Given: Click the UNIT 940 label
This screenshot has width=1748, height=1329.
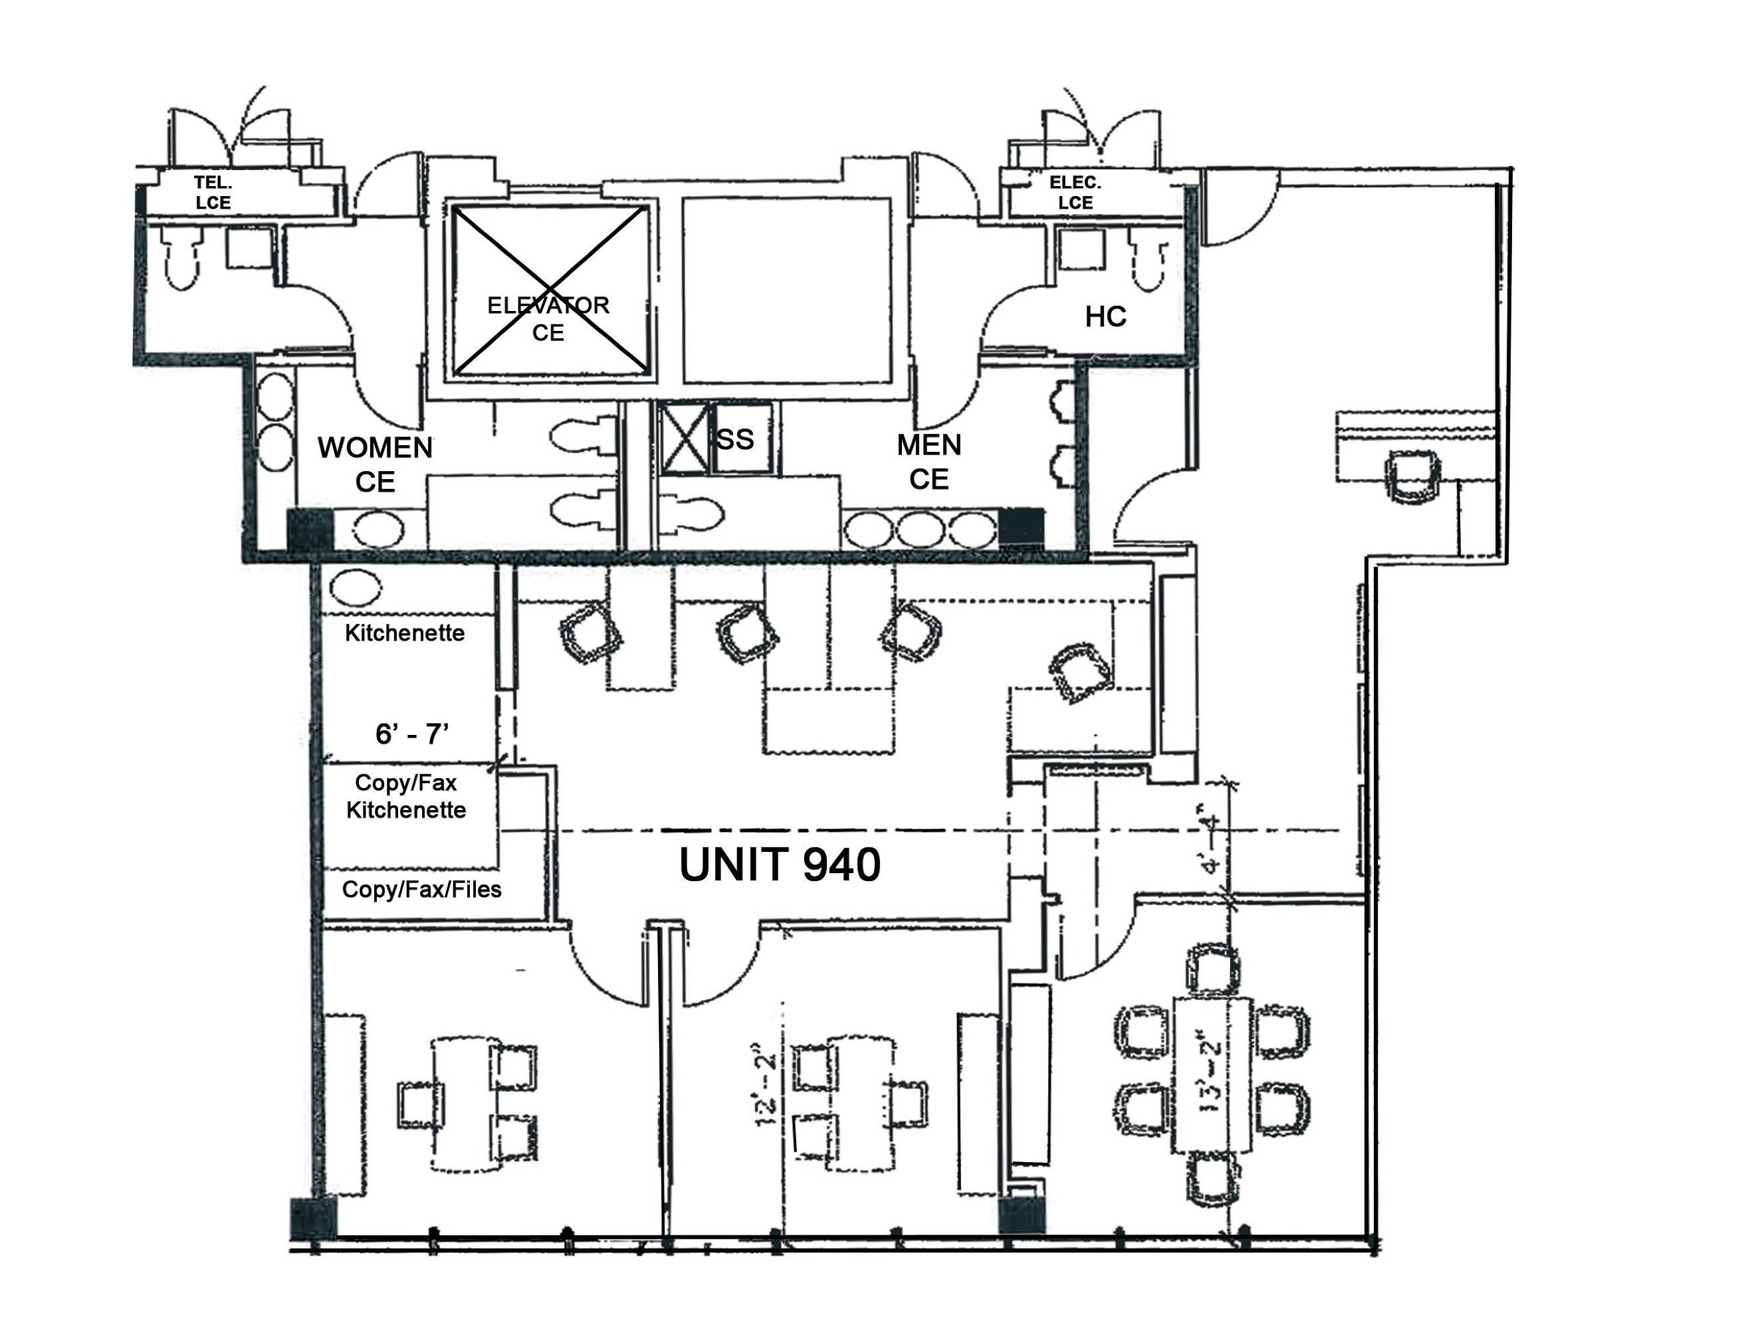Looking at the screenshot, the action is click(780, 865).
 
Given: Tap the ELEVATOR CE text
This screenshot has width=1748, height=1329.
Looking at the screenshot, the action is click(548, 319).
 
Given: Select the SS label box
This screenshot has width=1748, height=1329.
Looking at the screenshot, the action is click(735, 440).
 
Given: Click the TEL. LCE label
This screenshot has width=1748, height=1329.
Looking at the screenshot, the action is click(213, 193).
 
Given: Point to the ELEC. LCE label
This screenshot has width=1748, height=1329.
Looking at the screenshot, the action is click(1075, 193).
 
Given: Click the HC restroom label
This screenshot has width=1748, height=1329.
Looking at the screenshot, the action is click(1105, 317).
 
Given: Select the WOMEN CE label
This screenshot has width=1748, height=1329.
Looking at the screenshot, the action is click(375, 465).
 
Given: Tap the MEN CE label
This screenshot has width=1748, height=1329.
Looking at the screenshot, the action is click(929, 462).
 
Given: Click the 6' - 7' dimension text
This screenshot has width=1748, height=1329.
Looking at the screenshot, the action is click(412, 735).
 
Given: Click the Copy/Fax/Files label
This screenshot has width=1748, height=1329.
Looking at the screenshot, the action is click(422, 890).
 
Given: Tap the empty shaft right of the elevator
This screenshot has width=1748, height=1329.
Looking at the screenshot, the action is click(786, 290).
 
